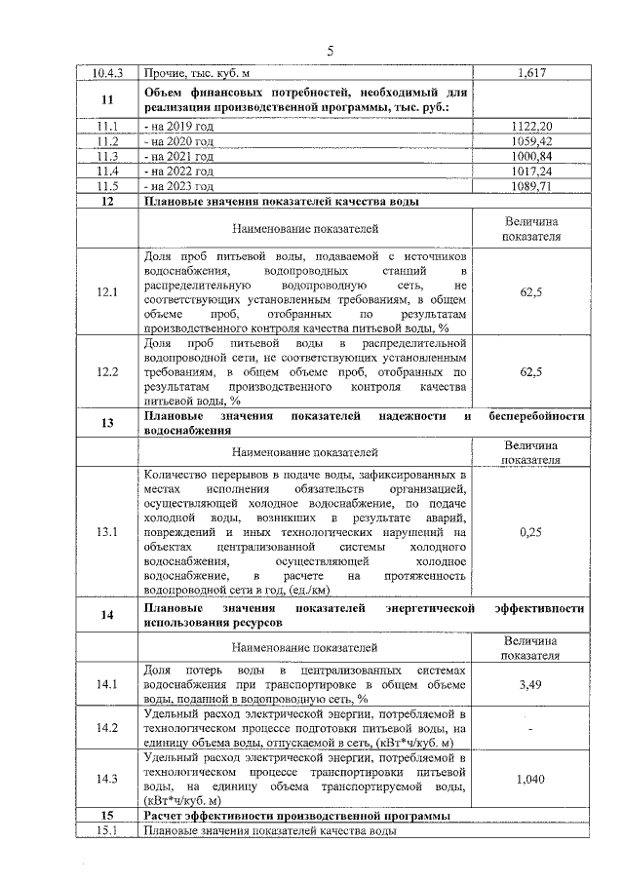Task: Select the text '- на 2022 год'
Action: (x=178, y=171)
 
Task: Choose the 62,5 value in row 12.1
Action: (x=531, y=291)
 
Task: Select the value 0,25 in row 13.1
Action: (x=531, y=532)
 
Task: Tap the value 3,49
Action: (x=531, y=685)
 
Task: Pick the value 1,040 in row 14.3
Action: (x=531, y=779)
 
